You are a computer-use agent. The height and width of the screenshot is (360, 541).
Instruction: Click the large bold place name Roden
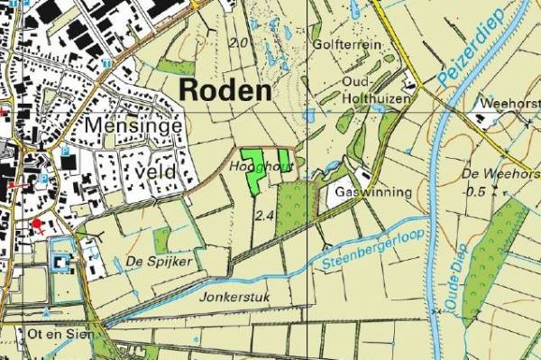[x=225, y=89]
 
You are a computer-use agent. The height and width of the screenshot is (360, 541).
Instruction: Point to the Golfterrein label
[x=344, y=43]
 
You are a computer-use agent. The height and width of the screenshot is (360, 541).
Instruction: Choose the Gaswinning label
[x=372, y=192]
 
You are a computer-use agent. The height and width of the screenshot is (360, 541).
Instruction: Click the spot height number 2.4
[x=264, y=216]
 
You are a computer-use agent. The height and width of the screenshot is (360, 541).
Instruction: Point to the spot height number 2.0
[x=240, y=42]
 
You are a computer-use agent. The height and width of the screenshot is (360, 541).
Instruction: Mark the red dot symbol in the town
[x=36, y=223]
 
